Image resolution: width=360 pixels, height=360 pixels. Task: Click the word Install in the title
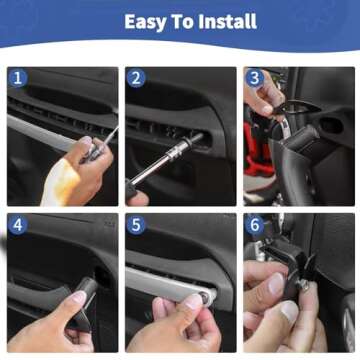point(223,21)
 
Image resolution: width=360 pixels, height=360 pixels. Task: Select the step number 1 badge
point(16,78)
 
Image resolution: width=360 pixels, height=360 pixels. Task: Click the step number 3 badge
point(254,78)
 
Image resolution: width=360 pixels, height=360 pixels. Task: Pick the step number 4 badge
point(16,224)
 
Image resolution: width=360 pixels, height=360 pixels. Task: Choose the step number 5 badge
point(135,224)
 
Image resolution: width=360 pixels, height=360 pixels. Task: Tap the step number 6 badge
point(254,224)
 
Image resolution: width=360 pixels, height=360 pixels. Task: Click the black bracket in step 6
point(297,262)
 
